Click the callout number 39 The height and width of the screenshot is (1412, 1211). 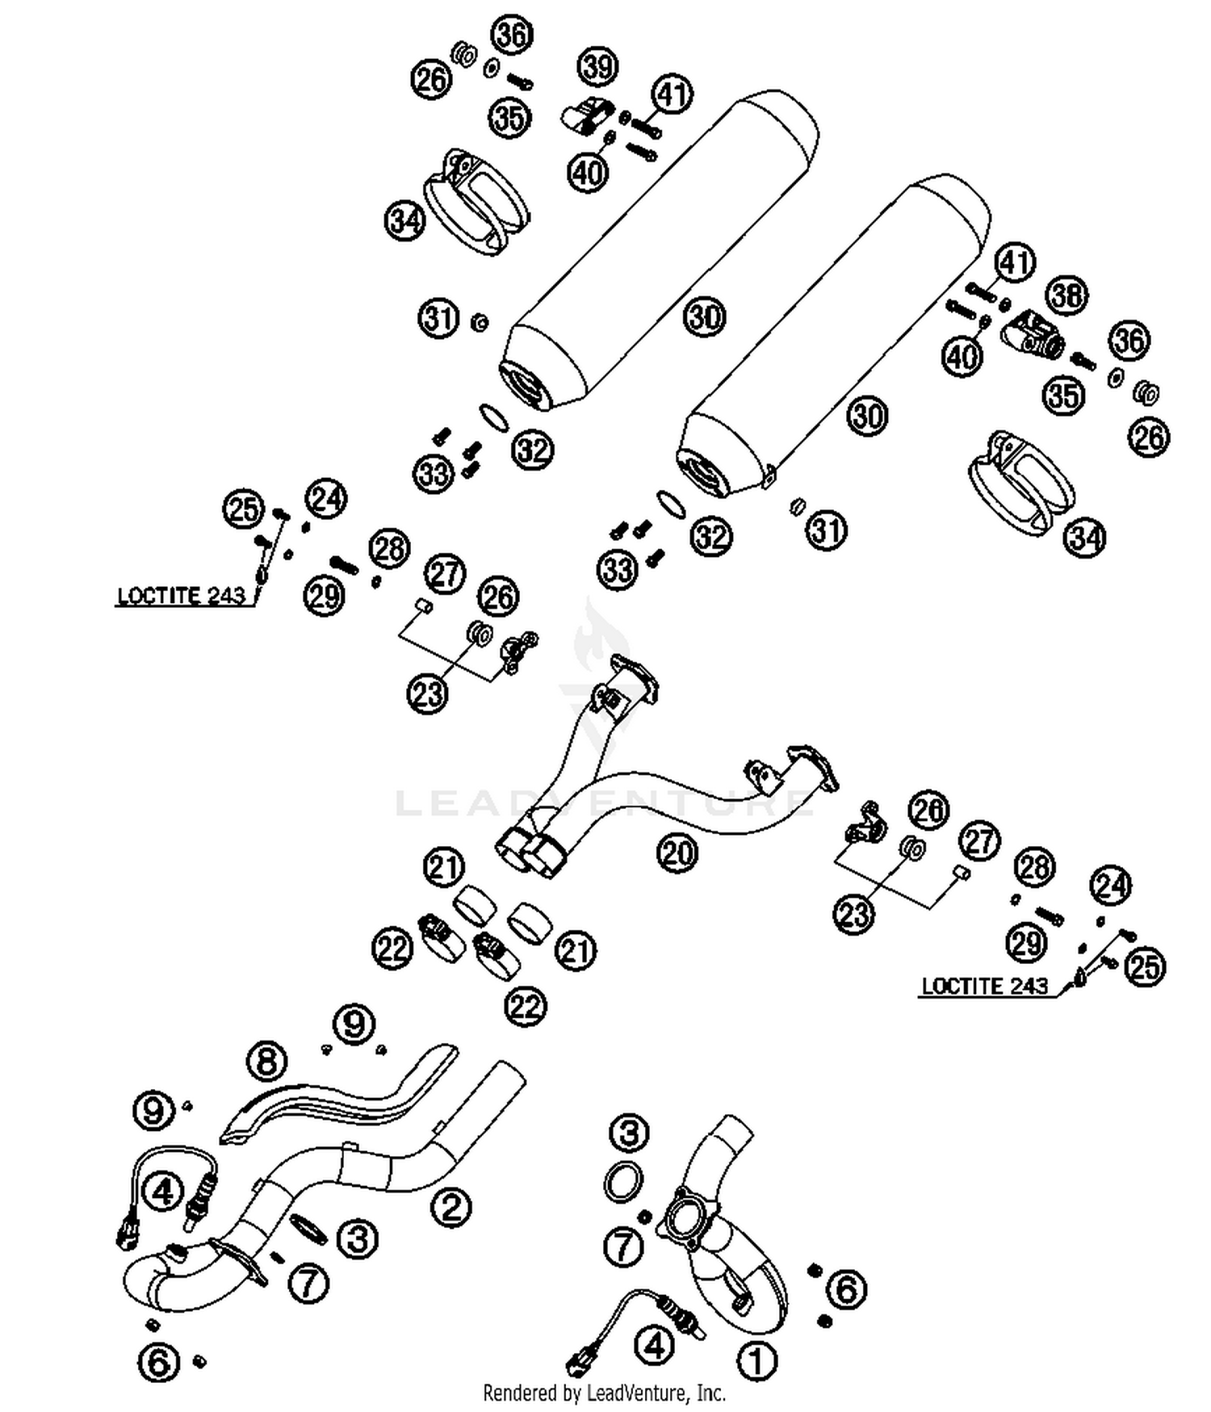point(598,66)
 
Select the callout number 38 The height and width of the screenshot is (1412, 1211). point(1067,295)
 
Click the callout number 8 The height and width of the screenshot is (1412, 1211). point(267,1061)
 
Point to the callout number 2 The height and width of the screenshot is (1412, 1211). point(450,1207)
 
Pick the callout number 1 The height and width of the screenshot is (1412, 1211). point(756,1361)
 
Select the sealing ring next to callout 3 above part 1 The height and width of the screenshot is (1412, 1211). point(623,1182)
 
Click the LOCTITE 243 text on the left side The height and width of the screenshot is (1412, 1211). point(181,597)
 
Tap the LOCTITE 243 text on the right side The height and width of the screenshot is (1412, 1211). point(984,986)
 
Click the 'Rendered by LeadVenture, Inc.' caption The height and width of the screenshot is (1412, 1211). point(604,1393)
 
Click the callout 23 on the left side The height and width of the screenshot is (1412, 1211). point(428,693)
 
